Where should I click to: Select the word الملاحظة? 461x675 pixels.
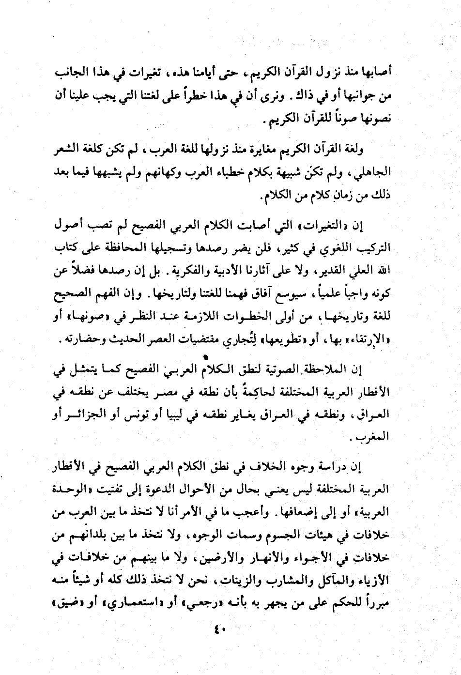[346, 370]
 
